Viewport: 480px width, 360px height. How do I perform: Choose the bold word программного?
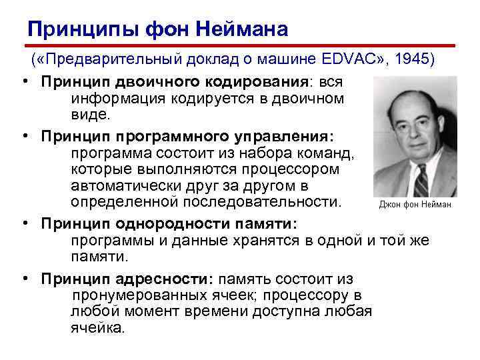[160, 137]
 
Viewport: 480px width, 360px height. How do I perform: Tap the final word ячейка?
[97, 327]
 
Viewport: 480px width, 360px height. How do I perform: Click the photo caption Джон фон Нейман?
[415, 205]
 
